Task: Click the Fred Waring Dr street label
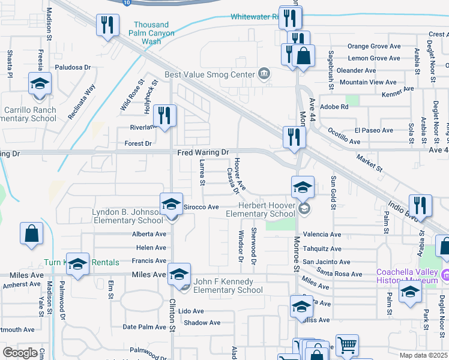pos(203,153)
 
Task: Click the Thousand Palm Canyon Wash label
pos(151,34)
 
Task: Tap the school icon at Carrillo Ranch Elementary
pos(40,84)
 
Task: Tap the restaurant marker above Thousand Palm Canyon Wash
pos(107,26)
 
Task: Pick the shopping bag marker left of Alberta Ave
pos(31,234)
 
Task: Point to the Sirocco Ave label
pos(200,207)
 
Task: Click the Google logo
pos(20,353)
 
